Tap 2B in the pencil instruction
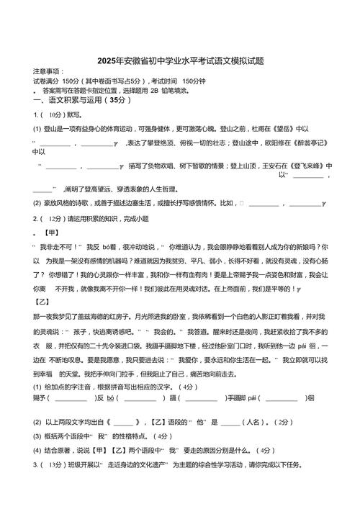click(x=153, y=91)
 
